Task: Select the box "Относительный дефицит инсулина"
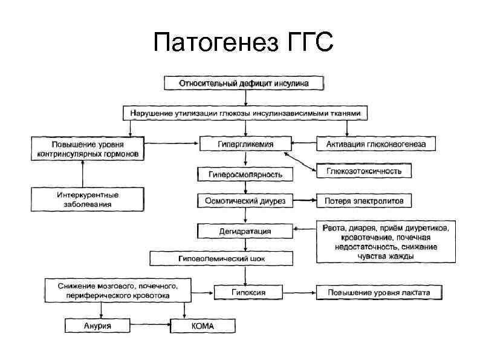pyautogui.click(x=244, y=83)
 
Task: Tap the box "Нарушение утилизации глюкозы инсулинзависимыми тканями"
pyautogui.click(x=244, y=113)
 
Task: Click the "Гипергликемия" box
pyautogui.click(x=245, y=145)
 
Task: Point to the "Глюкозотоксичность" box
pyautogui.click(x=364, y=172)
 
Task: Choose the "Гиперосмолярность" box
pyautogui.click(x=245, y=174)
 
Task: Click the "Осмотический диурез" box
pyautogui.click(x=245, y=200)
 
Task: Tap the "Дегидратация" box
pyautogui.click(x=245, y=231)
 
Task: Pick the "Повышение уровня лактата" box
pyautogui.click(x=378, y=293)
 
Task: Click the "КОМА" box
pyautogui.click(x=203, y=326)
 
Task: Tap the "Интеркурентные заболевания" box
pyautogui.click(x=88, y=200)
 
